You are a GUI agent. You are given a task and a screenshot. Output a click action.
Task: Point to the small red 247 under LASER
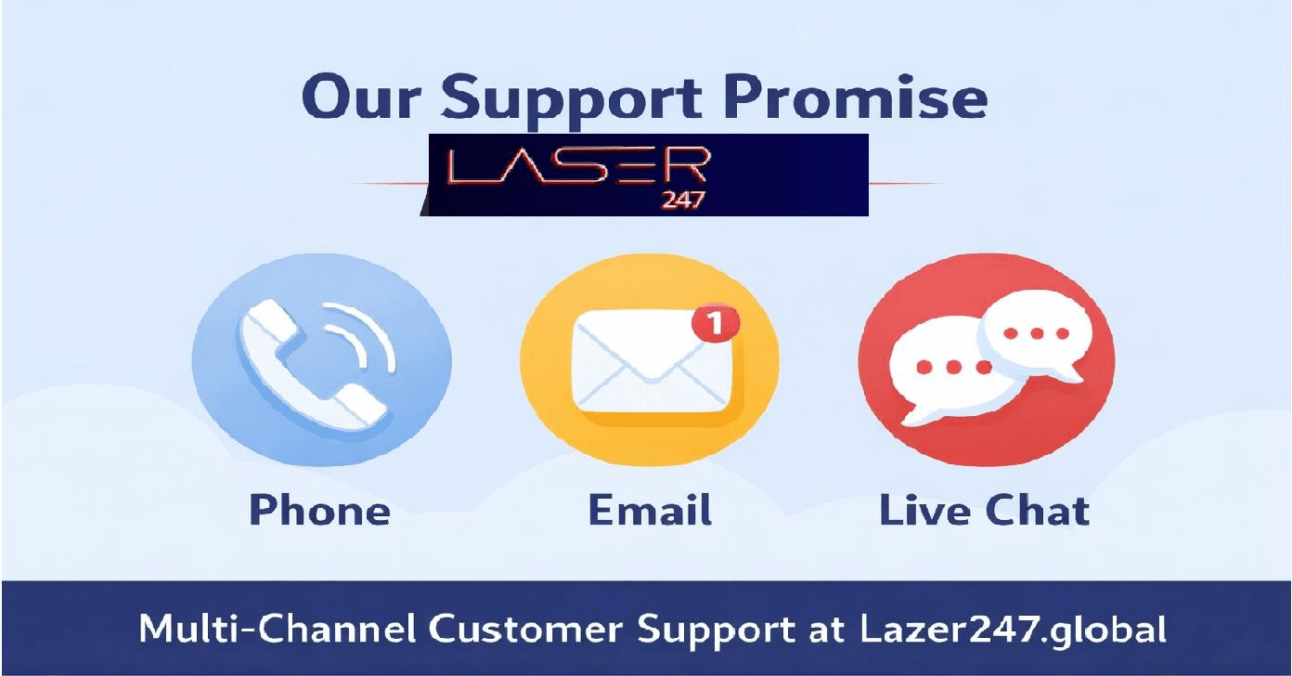[682, 201]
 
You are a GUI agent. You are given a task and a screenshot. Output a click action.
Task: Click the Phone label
[319, 511]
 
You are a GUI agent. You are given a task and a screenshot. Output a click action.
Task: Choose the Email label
[650, 511]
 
